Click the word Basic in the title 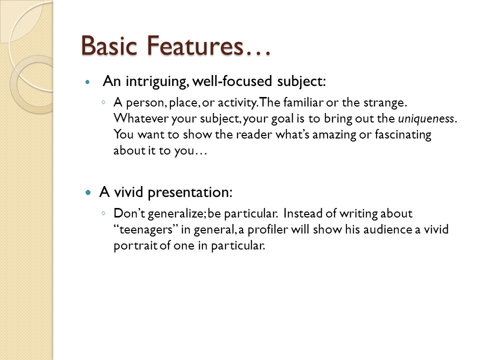tap(109, 46)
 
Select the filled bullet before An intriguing tap(88, 82)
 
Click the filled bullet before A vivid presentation tap(88, 193)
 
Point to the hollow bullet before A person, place tap(104, 102)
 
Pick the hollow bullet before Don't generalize tap(104, 213)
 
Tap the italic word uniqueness tap(426, 118)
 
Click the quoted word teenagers tap(146, 229)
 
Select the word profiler tap(267, 229)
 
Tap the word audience tap(387, 229)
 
